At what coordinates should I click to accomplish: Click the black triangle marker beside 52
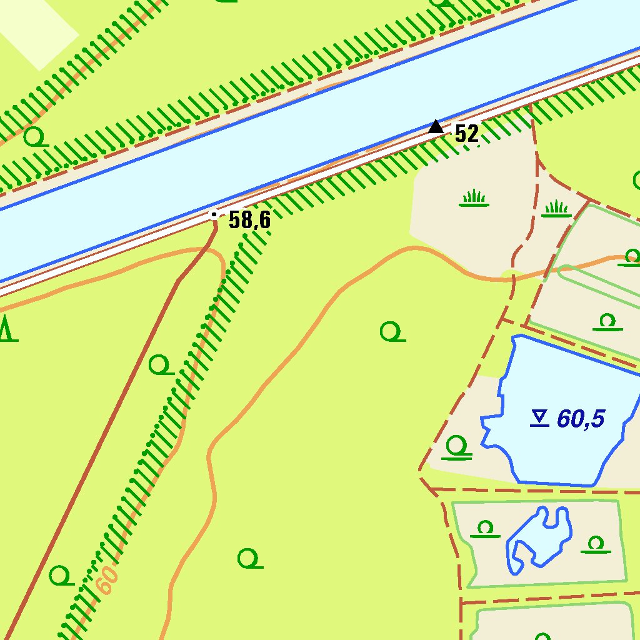click(436, 127)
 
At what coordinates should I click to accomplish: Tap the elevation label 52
click(466, 133)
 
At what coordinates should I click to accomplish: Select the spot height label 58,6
click(249, 220)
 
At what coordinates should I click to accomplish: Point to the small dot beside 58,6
click(214, 214)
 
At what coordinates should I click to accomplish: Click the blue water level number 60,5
click(581, 419)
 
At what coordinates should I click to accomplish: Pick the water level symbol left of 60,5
click(539, 418)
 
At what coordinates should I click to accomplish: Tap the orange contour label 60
click(107, 581)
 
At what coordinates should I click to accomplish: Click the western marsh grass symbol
click(474, 199)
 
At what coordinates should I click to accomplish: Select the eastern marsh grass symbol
click(556, 209)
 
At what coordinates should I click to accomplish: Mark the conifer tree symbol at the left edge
click(7, 329)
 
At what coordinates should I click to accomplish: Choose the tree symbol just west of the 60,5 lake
click(457, 447)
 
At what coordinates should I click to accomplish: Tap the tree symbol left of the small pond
click(485, 529)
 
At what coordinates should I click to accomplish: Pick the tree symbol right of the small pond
click(596, 544)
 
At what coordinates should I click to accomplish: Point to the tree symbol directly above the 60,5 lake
click(607, 322)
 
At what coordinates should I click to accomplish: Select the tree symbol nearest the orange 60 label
click(61, 574)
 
